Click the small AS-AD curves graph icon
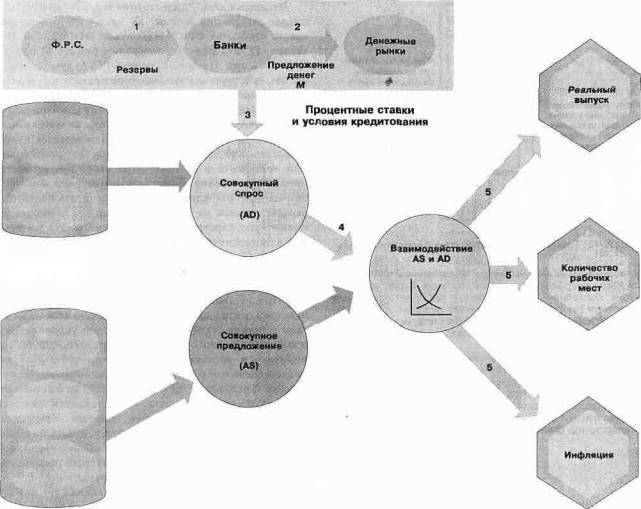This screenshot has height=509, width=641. pyautogui.click(x=429, y=298)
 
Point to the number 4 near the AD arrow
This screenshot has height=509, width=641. pyautogui.click(x=342, y=228)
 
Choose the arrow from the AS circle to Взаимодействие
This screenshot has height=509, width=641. pyautogui.click(x=325, y=310)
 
